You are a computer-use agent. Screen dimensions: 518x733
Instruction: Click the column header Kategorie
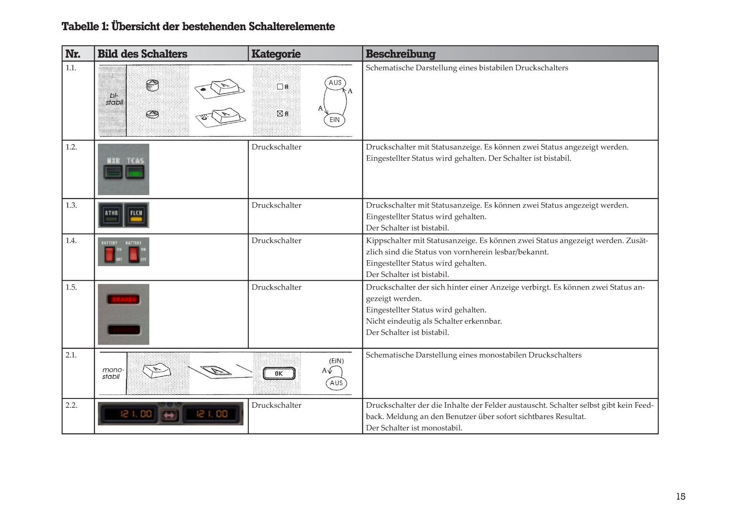(276, 54)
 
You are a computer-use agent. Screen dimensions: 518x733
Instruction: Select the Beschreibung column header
(400, 54)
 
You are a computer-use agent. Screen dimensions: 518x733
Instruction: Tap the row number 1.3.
(71, 205)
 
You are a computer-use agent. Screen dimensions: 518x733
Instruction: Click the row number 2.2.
(71, 405)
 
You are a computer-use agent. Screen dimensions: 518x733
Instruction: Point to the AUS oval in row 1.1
(335, 83)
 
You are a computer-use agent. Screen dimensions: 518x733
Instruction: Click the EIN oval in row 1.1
(335, 120)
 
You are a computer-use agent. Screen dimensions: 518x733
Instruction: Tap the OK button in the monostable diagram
(279, 373)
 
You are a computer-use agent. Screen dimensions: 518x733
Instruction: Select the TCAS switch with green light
(135, 171)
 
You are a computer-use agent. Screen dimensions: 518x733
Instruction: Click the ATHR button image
(111, 215)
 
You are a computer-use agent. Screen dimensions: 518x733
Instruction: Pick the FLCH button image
(136, 215)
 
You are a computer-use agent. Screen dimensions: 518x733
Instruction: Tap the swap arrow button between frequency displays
(170, 415)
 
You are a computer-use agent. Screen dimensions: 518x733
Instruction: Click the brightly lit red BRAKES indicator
(124, 300)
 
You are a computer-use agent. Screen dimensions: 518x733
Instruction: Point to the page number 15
(681, 496)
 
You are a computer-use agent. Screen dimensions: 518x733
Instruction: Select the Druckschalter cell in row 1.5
(276, 287)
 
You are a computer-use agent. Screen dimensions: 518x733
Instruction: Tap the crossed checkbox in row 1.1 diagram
(280, 113)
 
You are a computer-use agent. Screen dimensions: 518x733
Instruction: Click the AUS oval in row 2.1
(336, 383)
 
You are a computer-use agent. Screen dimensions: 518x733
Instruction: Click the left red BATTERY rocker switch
(109, 254)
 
